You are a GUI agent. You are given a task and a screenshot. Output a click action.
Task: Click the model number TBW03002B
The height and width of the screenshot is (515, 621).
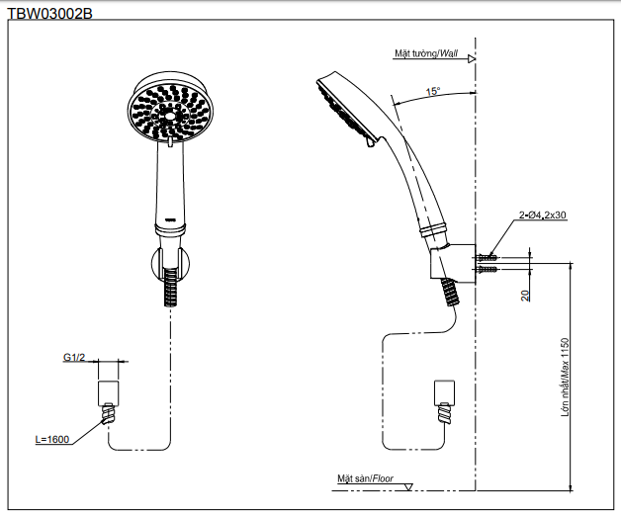click(x=49, y=14)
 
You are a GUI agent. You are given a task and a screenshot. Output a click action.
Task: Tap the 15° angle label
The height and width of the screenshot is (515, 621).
click(x=433, y=92)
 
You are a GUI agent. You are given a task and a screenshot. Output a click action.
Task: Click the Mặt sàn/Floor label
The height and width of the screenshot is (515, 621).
click(x=365, y=479)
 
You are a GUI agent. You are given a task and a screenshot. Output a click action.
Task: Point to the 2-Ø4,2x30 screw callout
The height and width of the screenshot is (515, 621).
click(x=541, y=215)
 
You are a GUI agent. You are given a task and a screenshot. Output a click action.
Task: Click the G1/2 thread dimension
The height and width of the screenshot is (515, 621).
click(x=76, y=357)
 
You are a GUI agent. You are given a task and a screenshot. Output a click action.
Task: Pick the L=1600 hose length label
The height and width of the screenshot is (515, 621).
click(x=52, y=439)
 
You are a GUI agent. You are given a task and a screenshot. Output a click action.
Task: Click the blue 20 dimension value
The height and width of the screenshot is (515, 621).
click(x=526, y=294)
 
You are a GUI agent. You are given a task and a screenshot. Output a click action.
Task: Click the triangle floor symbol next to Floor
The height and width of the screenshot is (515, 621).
click(x=408, y=484)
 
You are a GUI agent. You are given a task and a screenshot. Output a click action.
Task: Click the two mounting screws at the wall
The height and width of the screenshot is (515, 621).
click(x=486, y=263)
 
